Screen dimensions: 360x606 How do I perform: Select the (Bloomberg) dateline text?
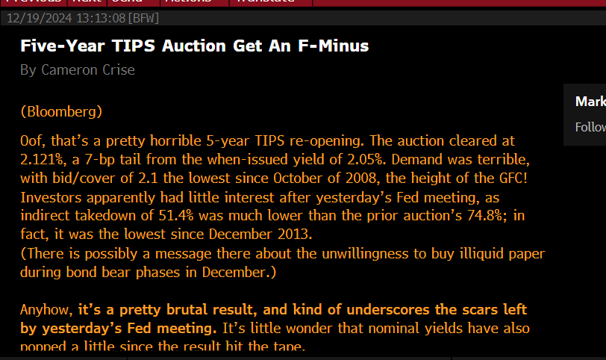[x=61, y=112]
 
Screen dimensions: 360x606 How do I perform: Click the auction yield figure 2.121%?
[x=43, y=159]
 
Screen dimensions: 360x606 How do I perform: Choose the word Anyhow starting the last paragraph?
[x=46, y=309]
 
